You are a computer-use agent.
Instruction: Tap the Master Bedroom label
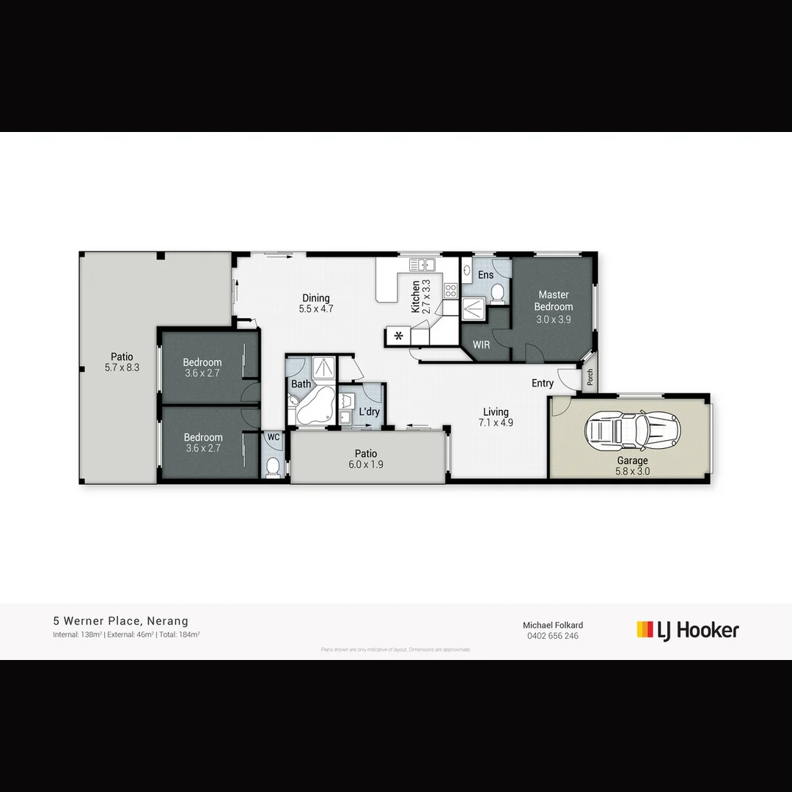pos(553,301)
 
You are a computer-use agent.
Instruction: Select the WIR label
pos(482,344)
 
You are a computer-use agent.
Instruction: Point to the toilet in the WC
pos(273,466)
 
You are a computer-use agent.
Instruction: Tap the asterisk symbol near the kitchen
pos(399,337)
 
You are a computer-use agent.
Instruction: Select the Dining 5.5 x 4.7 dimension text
pos(316,309)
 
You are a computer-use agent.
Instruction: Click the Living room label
pos(496,411)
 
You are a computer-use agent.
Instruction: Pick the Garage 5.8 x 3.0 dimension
pos(632,472)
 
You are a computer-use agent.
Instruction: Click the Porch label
pos(590,378)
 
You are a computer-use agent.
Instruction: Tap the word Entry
pos(543,383)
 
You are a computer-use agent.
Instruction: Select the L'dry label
pos(369,411)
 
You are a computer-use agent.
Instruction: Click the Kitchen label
pos(416,296)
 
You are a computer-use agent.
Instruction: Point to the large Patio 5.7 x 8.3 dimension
pos(122,367)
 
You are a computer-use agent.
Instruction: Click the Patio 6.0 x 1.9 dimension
pos(366,464)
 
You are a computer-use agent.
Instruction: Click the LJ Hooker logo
pos(687,630)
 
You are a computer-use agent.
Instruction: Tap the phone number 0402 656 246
pos(552,636)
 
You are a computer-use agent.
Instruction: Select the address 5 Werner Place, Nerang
pos(120,621)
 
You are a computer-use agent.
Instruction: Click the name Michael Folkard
pos(552,625)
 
